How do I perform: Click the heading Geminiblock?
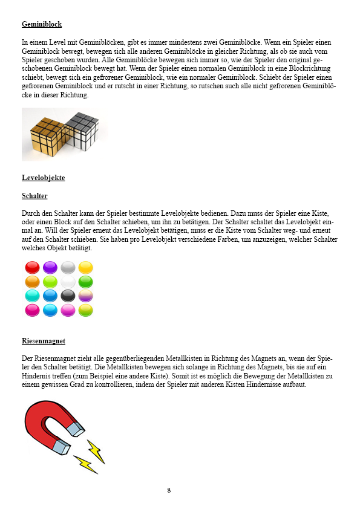click(x=42, y=25)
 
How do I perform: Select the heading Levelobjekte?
click(x=43, y=178)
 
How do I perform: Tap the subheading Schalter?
click(x=34, y=196)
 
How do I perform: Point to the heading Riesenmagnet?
click(x=44, y=341)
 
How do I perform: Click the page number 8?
click(x=169, y=490)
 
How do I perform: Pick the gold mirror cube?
click(x=47, y=134)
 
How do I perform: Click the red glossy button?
click(x=32, y=267)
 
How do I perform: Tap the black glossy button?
click(x=68, y=296)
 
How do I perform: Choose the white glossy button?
click(x=68, y=282)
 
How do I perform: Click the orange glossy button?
click(x=32, y=282)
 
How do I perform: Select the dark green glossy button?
click(x=85, y=282)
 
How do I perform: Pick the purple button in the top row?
click(x=50, y=267)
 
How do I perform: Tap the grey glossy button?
click(x=68, y=267)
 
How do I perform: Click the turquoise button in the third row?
click(x=32, y=296)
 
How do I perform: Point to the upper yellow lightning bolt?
click(x=96, y=451)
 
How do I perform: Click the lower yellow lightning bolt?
click(x=86, y=465)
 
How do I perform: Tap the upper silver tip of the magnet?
click(x=74, y=429)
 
